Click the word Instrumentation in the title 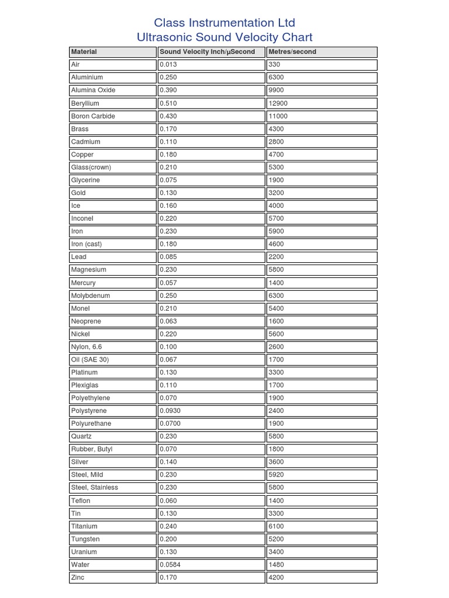225,23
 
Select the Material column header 84,52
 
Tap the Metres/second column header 292,52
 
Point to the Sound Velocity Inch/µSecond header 208,52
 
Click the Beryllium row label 85,103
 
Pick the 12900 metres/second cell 278,103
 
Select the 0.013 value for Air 168,65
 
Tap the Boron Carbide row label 93,116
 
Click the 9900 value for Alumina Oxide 277,91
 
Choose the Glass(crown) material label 91,168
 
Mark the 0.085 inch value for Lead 168,257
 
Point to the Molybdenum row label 90,295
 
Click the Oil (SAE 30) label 89,360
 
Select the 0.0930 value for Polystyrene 170,411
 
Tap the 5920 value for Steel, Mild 277,475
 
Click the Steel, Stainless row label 94,488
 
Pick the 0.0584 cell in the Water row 170,565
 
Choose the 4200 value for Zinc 277,578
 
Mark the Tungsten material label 85,539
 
